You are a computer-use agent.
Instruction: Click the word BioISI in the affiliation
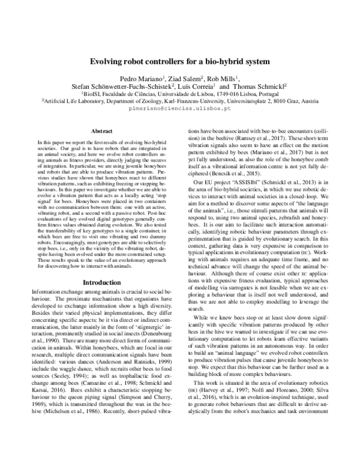92,95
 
